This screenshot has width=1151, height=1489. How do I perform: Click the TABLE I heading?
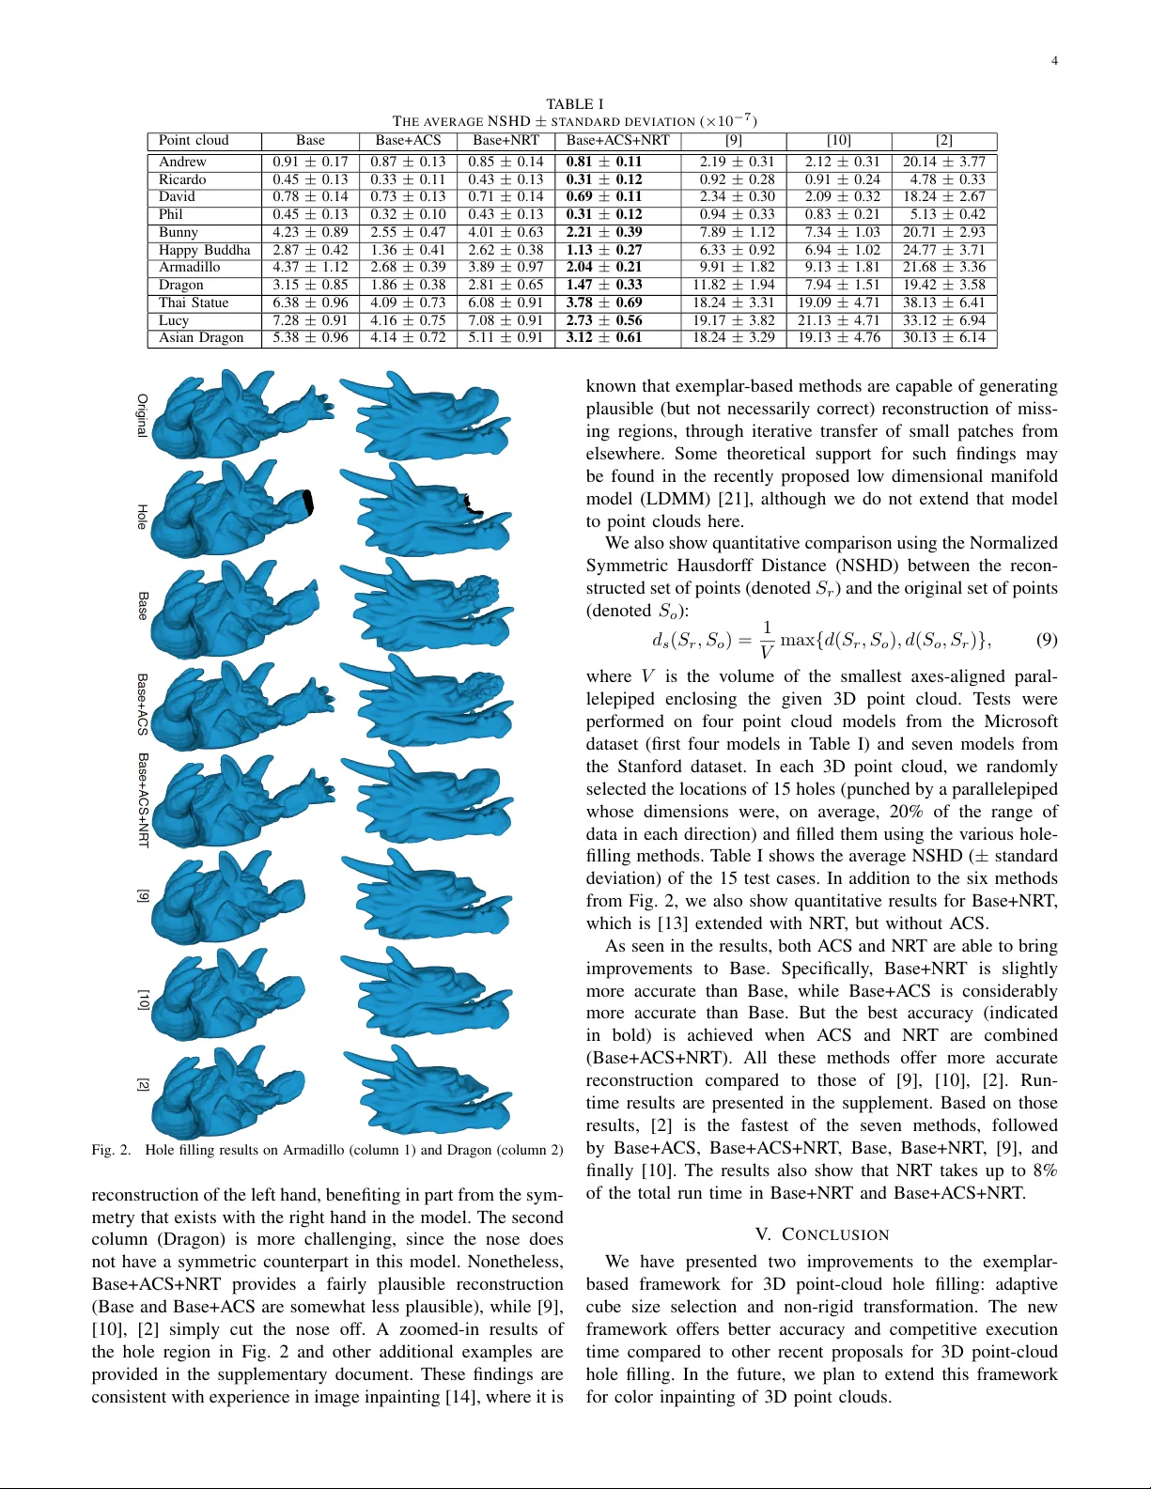coord(574,104)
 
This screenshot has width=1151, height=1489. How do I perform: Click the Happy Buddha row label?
coord(204,250)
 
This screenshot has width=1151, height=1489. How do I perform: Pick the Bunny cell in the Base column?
coord(310,232)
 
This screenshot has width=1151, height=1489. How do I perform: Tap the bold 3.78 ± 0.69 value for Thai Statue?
coord(604,302)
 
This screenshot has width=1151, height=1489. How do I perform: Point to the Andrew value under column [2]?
coord(943,162)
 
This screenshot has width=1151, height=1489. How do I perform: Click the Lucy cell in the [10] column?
coord(838,320)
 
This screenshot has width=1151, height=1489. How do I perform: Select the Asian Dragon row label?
coord(200,337)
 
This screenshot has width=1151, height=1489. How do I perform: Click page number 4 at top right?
coord(1054,61)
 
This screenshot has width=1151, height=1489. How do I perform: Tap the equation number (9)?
coord(1046,640)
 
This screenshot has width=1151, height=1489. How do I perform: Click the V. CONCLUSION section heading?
coord(821,1234)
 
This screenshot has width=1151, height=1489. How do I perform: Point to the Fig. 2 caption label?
coord(111,1150)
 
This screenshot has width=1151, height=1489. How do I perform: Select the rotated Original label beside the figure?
coord(142,414)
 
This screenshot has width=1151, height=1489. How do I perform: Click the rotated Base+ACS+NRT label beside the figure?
coord(143,799)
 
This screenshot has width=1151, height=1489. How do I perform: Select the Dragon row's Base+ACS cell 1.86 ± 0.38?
coord(408,285)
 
